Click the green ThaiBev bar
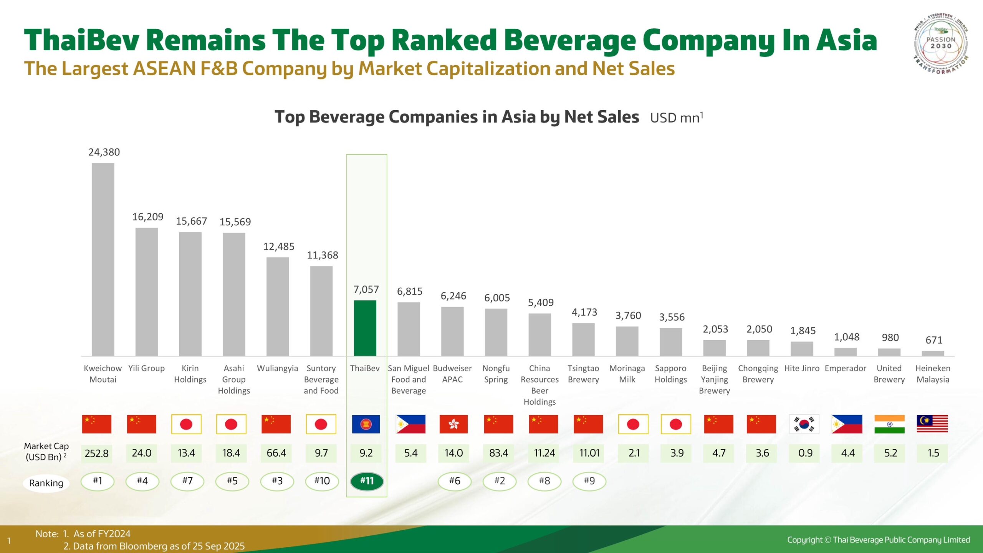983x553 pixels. point(365,328)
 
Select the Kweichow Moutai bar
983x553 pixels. point(103,259)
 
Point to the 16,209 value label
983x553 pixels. point(148,217)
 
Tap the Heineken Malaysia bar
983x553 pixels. point(933,353)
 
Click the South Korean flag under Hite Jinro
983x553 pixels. point(804,424)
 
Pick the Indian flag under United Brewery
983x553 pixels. point(889,424)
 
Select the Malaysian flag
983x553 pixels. point(932,424)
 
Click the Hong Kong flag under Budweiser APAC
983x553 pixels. point(453,424)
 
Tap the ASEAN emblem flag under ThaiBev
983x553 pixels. point(366,424)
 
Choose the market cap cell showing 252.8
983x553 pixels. point(96,453)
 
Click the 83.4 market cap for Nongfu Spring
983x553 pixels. point(498,453)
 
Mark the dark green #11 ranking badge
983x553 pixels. point(367,481)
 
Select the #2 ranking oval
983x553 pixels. point(500,481)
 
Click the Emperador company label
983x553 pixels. point(845,368)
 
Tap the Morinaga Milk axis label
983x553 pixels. point(627,374)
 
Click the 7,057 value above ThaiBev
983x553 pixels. point(366,289)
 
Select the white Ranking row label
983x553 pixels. point(46,483)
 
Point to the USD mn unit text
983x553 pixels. point(676,118)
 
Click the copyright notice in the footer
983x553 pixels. point(878,540)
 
